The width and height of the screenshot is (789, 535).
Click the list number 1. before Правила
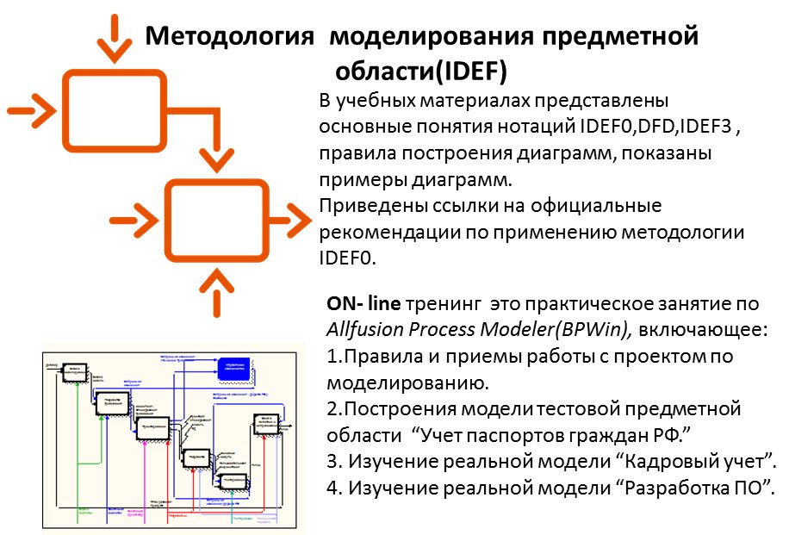click(335, 355)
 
